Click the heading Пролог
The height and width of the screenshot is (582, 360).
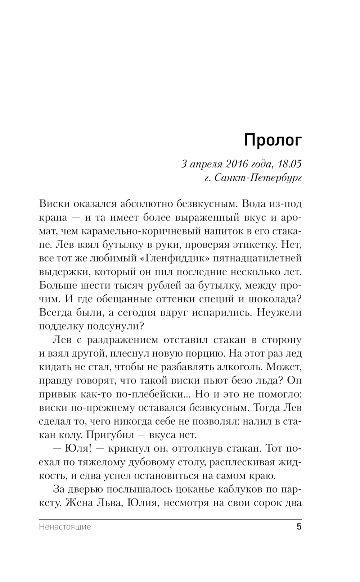point(273,140)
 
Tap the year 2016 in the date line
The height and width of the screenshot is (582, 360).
point(238,164)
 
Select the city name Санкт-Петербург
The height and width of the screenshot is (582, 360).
point(258,178)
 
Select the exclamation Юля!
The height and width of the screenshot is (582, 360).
point(79,448)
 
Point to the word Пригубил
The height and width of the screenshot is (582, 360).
point(108,435)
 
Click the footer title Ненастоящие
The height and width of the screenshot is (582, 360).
point(64,527)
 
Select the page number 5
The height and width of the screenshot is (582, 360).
point(298,527)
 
